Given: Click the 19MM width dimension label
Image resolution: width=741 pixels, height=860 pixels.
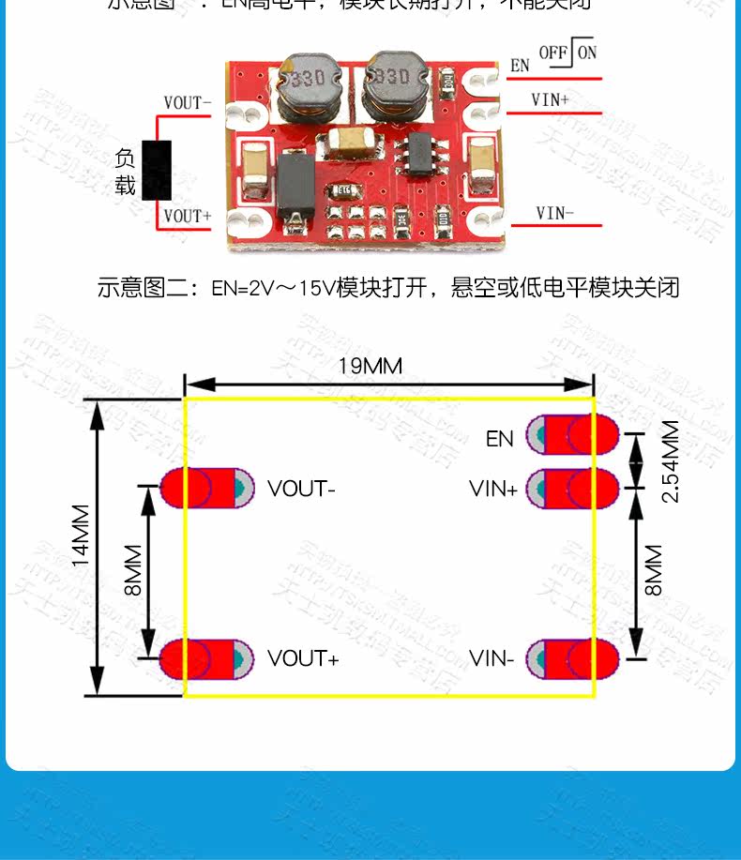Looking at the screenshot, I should [370, 366].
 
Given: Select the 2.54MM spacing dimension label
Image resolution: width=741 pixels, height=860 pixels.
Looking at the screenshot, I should [670, 461].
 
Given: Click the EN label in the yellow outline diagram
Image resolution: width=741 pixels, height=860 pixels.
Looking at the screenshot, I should [500, 438].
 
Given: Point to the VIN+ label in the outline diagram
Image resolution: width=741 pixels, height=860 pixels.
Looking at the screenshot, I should [493, 489].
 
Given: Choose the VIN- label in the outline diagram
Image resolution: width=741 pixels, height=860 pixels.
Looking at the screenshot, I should [491, 658].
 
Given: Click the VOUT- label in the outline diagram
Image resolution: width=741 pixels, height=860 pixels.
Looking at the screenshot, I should [301, 489].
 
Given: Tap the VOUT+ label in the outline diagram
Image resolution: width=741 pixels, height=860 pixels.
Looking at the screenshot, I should [303, 658].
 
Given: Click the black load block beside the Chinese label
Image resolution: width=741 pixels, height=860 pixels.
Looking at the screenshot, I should [157, 170].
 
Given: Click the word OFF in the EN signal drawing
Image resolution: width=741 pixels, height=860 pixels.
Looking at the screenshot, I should [553, 53].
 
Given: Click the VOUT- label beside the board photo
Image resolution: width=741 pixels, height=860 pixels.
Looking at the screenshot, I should [188, 103].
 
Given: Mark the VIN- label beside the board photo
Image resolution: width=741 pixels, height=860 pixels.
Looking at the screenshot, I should [555, 214].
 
